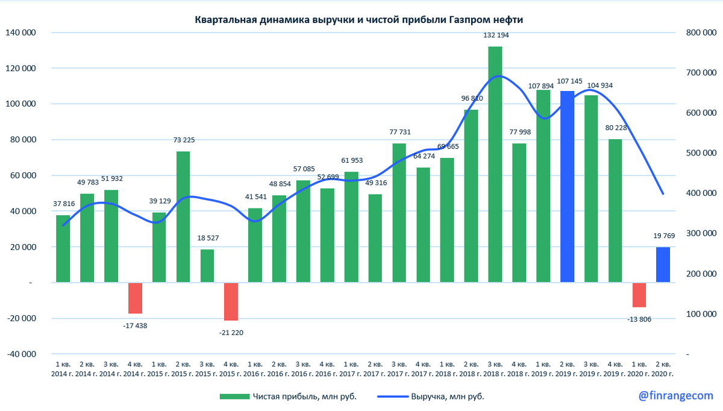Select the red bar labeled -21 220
(x=231, y=301)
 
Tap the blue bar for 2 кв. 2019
(x=567, y=186)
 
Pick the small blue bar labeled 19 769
(x=663, y=265)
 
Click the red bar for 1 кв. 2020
(x=639, y=295)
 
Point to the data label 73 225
(x=183, y=140)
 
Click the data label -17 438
(x=135, y=325)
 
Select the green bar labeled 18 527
(x=207, y=266)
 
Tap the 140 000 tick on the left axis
(x=20, y=33)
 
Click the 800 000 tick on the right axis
(x=701, y=33)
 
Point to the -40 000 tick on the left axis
(x=20, y=354)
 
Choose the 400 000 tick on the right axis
(x=701, y=193)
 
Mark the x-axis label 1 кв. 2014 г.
(x=63, y=369)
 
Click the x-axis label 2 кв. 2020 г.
(x=663, y=369)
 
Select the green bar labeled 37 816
(x=63, y=248)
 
